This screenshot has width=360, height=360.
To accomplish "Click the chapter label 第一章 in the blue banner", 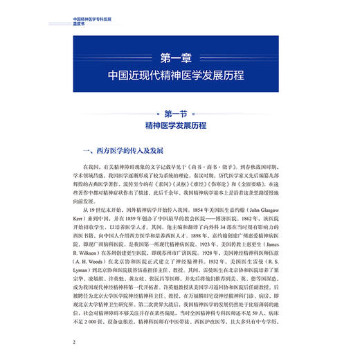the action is [x=180, y=55].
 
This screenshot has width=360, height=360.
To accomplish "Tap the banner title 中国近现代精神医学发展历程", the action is [x=180, y=73].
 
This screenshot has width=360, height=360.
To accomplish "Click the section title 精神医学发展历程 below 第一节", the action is [x=179, y=127].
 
